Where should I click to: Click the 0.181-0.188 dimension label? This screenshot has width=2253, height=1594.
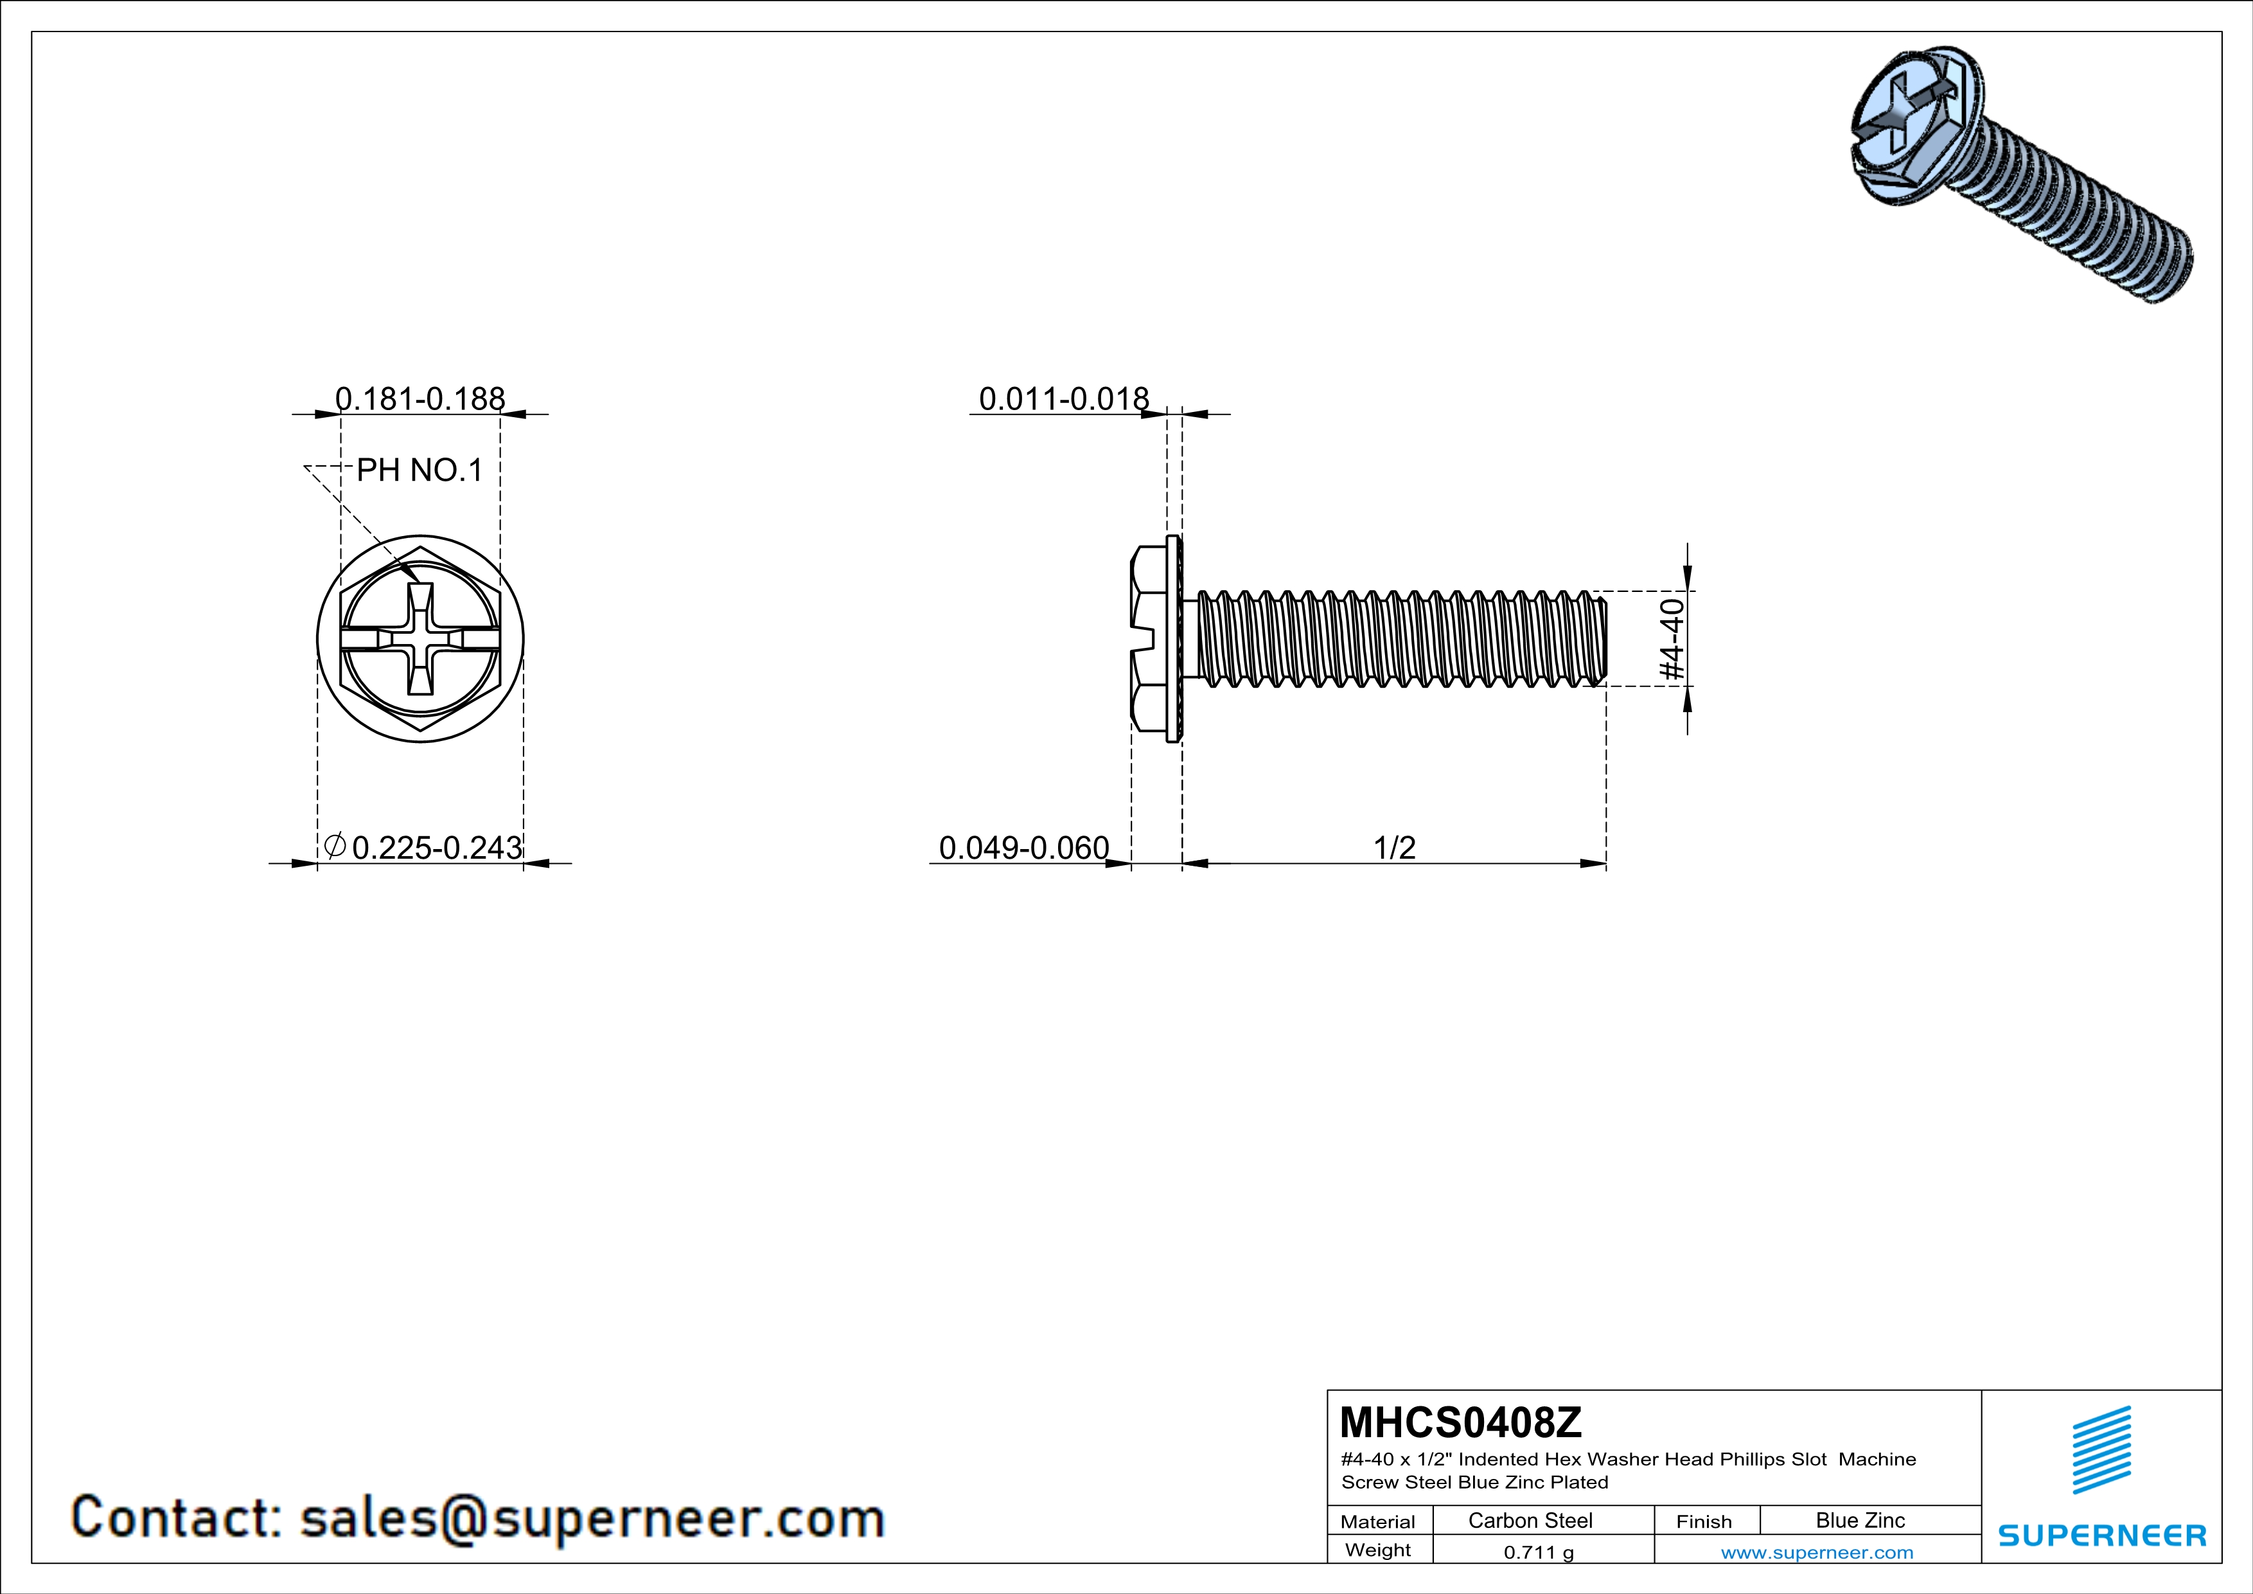(420, 398)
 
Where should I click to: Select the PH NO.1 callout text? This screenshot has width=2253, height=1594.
(419, 470)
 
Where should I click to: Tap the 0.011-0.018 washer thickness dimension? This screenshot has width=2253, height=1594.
(1064, 398)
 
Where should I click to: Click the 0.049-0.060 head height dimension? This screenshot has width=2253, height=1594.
(1023, 847)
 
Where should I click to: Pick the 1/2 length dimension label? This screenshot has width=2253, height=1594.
(1393, 847)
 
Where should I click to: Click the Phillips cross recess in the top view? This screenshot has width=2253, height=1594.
(420, 639)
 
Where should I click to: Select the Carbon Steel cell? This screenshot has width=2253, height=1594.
(1530, 1520)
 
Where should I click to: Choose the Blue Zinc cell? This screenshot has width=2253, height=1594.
(1859, 1520)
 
